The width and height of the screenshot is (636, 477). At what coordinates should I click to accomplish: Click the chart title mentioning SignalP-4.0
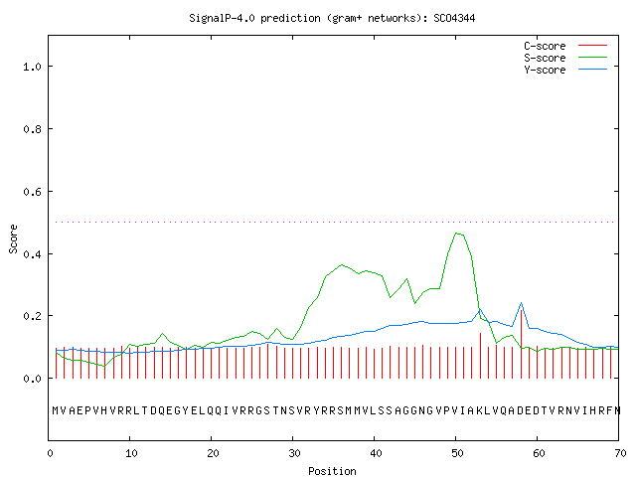pyautogui.click(x=332, y=18)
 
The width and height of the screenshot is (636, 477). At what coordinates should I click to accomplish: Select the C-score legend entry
pyautogui.click(x=565, y=46)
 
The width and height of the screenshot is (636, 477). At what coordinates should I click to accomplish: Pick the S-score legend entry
pyautogui.click(x=565, y=58)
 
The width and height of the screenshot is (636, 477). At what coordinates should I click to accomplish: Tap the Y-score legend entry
pyautogui.click(x=565, y=70)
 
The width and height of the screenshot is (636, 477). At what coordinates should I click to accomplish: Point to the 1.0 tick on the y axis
pyautogui.click(x=32, y=67)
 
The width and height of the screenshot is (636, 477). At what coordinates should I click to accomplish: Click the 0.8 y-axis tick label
pyautogui.click(x=32, y=129)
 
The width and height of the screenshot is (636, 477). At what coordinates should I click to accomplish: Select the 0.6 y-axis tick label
pyautogui.click(x=32, y=192)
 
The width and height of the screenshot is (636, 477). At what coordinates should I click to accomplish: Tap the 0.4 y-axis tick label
pyautogui.click(x=32, y=254)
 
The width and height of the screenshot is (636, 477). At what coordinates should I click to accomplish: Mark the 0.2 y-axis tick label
pyautogui.click(x=32, y=316)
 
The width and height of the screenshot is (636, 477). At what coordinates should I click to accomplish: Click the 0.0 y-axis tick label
pyautogui.click(x=32, y=379)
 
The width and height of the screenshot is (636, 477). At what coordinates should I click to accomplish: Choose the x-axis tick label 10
pyautogui.click(x=130, y=453)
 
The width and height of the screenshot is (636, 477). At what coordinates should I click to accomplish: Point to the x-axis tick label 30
pyautogui.click(x=294, y=453)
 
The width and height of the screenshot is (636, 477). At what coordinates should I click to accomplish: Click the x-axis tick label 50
pyautogui.click(x=457, y=453)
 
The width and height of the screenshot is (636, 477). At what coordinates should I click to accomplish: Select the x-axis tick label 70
pyautogui.click(x=620, y=453)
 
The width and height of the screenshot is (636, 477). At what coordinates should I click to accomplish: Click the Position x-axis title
pyautogui.click(x=332, y=471)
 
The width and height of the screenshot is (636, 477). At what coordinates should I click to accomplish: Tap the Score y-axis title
pyautogui.click(x=13, y=238)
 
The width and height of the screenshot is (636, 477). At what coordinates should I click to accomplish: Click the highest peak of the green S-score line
pyautogui.click(x=456, y=233)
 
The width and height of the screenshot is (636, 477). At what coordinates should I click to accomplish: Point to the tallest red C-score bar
pyautogui.click(x=521, y=350)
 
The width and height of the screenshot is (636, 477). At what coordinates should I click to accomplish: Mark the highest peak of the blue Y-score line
pyautogui.click(x=521, y=302)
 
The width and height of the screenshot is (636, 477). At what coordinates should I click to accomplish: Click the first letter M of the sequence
pyautogui.click(x=56, y=410)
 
